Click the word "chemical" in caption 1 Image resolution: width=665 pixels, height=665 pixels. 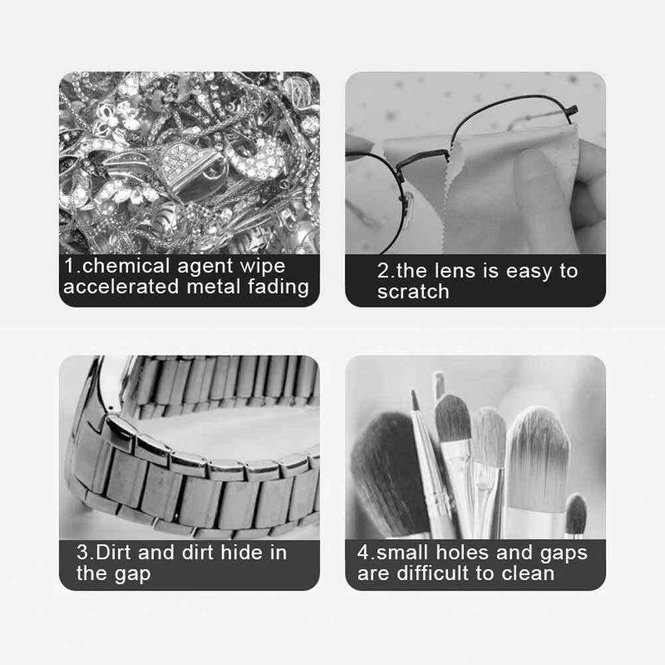click(x=126, y=266)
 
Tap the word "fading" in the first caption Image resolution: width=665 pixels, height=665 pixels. click(x=279, y=287)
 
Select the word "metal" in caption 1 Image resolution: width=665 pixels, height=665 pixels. click(x=213, y=286)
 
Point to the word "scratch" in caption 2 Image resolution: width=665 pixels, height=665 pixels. click(x=413, y=291)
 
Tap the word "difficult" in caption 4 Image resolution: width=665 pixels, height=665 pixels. click(x=434, y=573)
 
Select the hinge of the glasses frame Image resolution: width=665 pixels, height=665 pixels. click(x=571, y=113)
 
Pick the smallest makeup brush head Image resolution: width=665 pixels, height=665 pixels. click(x=576, y=514)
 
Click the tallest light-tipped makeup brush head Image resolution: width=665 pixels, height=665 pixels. click(x=538, y=458)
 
